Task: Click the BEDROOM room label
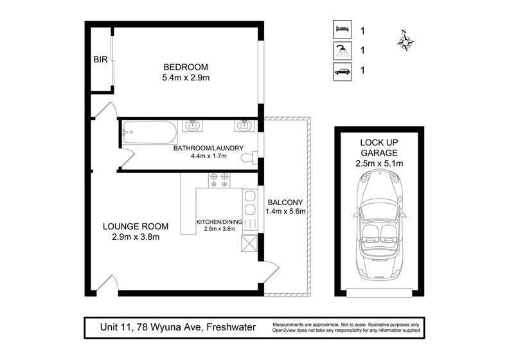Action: pyautogui.click(x=186, y=67)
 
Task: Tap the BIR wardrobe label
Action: pyautogui.click(x=100, y=60)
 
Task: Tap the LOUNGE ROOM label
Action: pyautogui.click(x=136, y=226)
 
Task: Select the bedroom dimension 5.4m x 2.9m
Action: pyautogui.click(x=186, y=78)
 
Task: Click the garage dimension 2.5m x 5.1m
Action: pyautogui.click(x=379, y=163)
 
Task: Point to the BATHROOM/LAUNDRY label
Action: pyautogui.click(x=208, y=148)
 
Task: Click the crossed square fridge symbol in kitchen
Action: pyautogui.click(x=249, y=243)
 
